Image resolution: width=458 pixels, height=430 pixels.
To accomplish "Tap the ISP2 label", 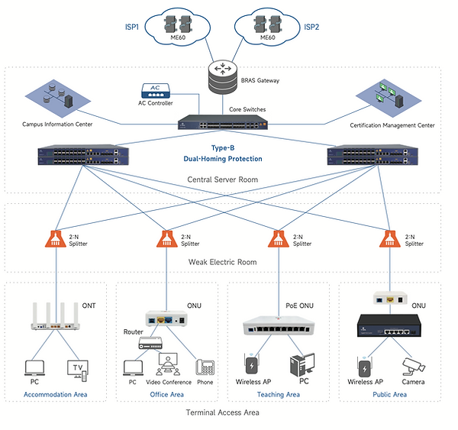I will [311, 27].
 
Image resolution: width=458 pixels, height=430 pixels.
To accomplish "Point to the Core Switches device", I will [224, 122].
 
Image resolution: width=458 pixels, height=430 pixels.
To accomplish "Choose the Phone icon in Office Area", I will [204, 369].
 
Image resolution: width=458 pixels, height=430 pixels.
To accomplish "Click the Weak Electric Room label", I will [223, 262].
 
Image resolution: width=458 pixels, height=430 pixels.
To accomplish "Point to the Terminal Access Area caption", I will [223, 412].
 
